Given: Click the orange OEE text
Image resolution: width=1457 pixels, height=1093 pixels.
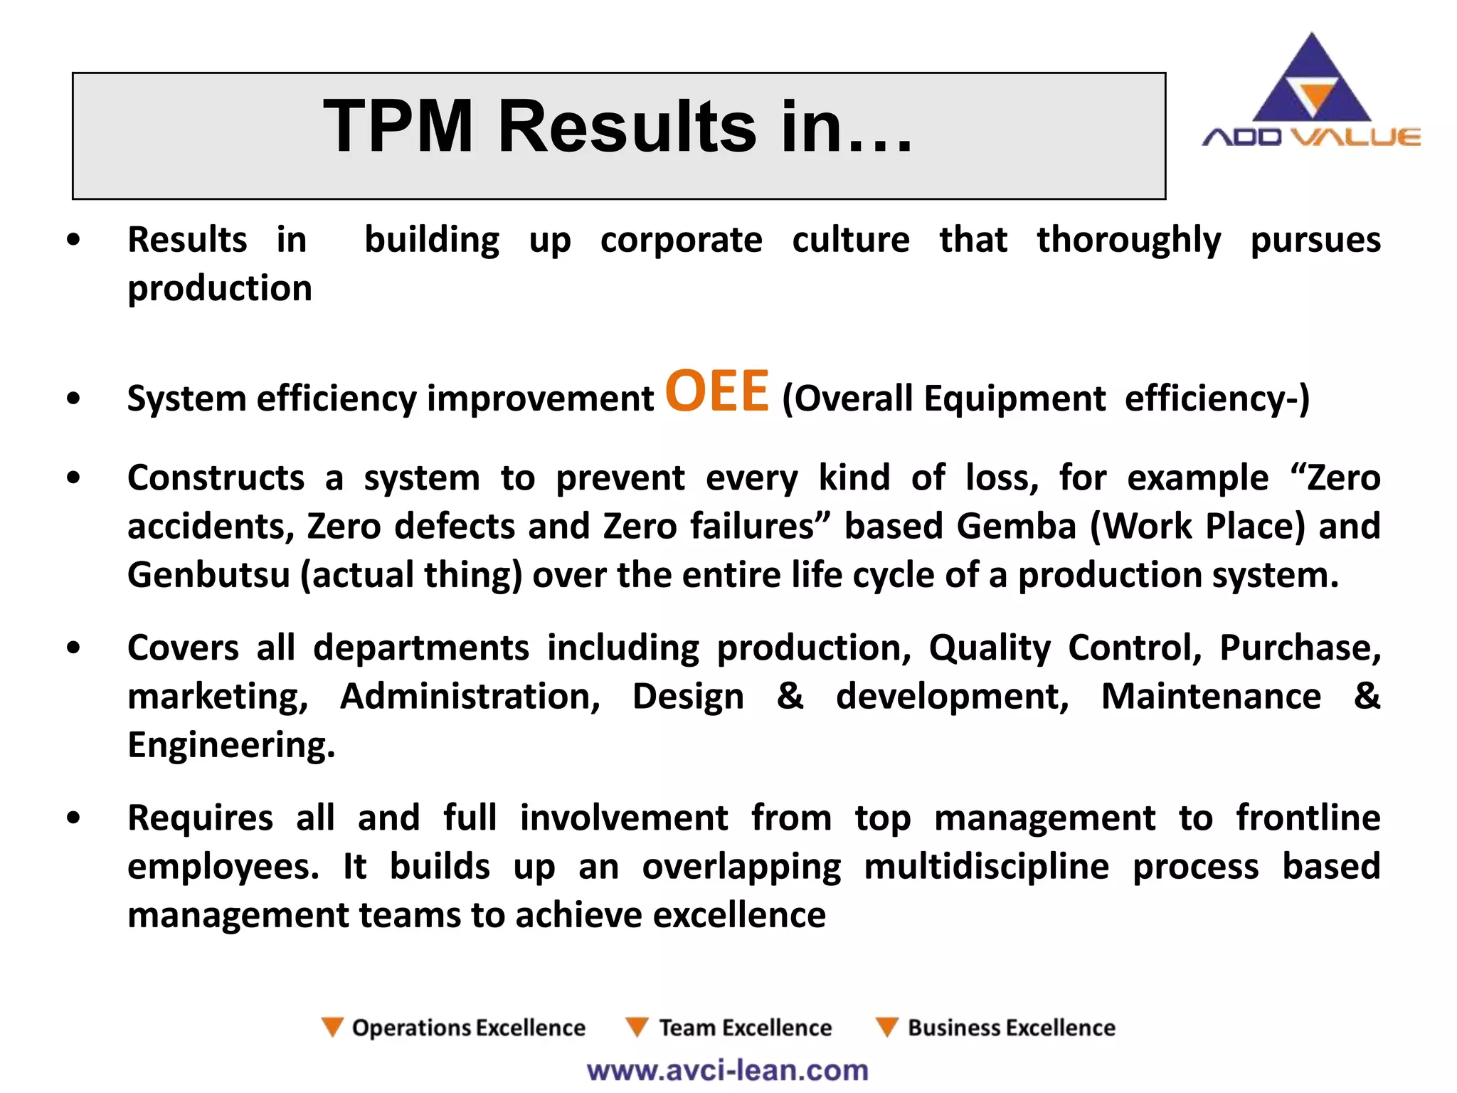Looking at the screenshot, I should (717, 391).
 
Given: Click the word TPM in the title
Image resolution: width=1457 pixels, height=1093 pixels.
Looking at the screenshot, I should (398, 127).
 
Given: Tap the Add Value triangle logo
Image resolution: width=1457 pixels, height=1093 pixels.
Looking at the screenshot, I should (1311, 82).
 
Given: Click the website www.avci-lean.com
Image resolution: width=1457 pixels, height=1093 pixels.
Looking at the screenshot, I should (727, 1070).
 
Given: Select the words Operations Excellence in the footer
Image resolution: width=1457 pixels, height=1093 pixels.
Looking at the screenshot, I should (468, 1028).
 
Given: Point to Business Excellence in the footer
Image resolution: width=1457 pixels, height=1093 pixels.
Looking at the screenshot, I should (1011, 1028).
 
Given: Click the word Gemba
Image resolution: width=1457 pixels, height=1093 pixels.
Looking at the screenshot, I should (1016, 527).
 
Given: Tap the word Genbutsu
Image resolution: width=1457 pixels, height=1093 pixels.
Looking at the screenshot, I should (208, 575).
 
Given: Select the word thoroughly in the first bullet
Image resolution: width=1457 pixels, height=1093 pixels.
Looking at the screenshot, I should (1128, 241).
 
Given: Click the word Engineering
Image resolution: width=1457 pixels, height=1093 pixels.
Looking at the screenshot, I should (231, 745).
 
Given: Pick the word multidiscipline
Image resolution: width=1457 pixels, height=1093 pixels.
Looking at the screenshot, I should (986, 867).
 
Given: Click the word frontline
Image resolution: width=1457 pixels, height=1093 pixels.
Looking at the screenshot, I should (1308, 818).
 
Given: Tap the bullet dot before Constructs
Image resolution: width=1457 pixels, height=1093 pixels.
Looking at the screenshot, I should (73, 477).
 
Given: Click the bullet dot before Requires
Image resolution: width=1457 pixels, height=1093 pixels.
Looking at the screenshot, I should (73, 818).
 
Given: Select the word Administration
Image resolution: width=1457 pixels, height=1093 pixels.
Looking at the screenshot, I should (470, 696).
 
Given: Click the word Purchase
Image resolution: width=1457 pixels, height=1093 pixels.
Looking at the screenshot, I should (1299, 648).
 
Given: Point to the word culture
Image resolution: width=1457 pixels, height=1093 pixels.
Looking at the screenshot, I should (851, 240).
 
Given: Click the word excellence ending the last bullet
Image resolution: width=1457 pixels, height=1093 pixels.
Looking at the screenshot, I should (739, 915).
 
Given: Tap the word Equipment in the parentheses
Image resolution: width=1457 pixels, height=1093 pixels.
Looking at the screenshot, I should (1014, 398).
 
